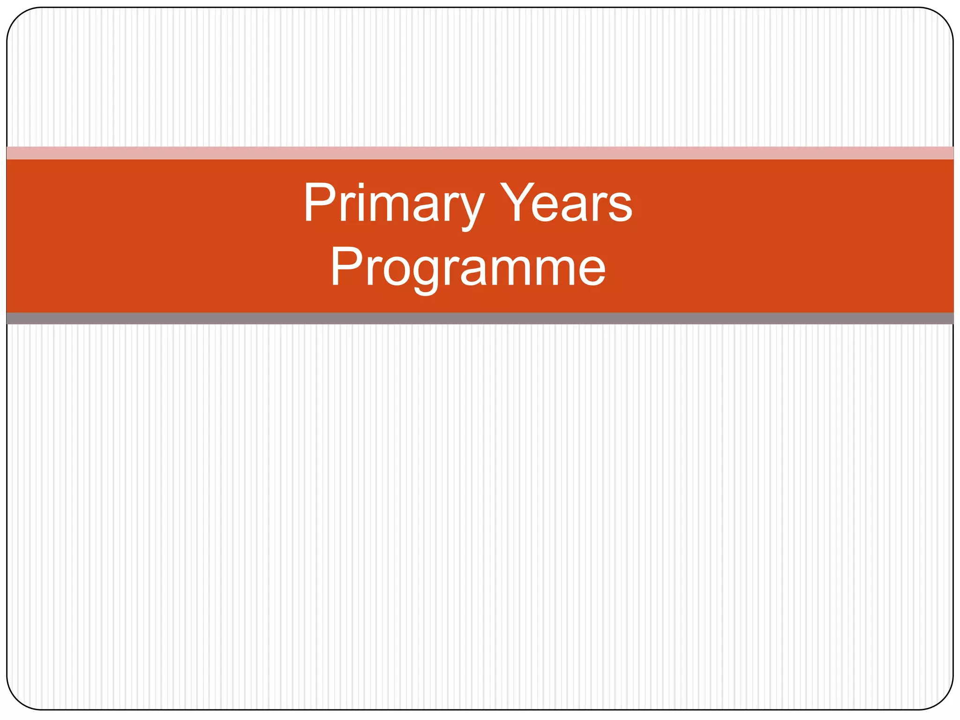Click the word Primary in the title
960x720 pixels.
point(393,205)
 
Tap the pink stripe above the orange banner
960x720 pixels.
point(480,153)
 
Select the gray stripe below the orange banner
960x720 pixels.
point(480,318)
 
